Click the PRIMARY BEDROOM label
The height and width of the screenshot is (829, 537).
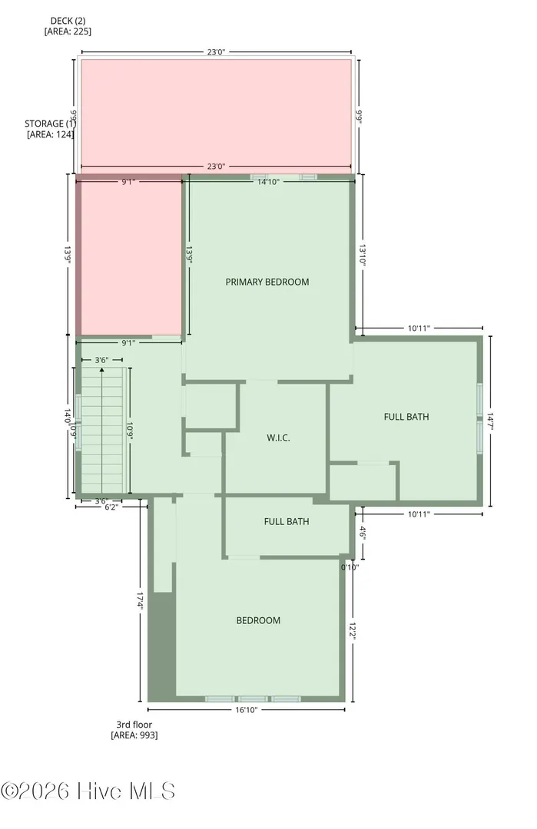267,282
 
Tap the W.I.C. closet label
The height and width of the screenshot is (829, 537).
278,438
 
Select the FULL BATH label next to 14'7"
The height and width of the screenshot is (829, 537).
406,417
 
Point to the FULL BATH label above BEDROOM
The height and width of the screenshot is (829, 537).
287,521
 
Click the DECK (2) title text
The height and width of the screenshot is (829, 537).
68,21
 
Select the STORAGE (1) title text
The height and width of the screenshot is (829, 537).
50,124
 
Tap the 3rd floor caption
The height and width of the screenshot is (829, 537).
134,725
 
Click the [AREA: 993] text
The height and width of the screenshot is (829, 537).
134,735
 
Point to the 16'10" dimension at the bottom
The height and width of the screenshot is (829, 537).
246,710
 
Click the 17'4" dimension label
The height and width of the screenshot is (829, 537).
140,601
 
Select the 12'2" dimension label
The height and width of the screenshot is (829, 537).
353,630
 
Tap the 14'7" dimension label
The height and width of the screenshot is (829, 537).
490,421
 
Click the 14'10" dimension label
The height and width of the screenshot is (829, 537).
268,182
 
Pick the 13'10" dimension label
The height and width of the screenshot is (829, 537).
363,254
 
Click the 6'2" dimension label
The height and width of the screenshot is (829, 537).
111,507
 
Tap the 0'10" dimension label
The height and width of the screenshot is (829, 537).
350,567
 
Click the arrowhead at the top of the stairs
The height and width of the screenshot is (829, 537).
101,371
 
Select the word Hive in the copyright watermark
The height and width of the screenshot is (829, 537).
100,791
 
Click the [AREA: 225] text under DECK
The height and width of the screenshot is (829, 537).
68,31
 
